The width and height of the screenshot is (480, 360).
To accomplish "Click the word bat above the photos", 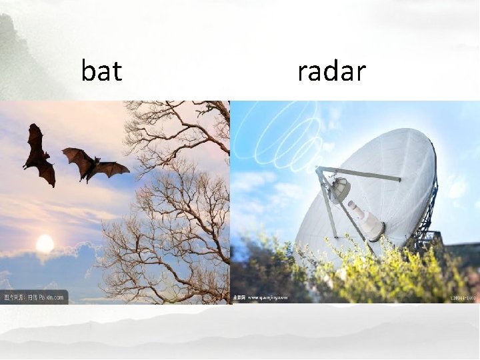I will click(x=101, y=71).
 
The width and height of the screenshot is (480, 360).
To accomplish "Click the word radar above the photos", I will click(x=331, y=71).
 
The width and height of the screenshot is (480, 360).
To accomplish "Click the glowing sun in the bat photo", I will click(x=45, y=244).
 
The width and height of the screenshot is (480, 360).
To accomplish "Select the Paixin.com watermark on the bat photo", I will click(x=33, y=297).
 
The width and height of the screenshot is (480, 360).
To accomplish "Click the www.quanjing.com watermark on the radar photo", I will click(x=260, y=297).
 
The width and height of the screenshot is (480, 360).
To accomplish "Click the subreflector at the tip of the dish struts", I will click(x=339, y=190).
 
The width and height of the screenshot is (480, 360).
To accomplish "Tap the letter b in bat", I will click(x=88, y=71).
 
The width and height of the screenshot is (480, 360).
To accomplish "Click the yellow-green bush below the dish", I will click(x=373, y=273).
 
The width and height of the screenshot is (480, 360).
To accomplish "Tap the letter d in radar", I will click(x=331, y=71).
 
